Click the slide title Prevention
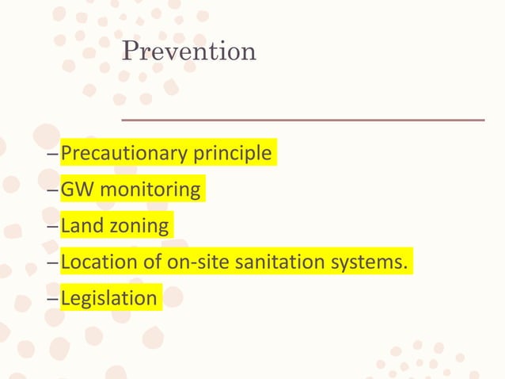[189, 52]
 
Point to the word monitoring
[150, 190]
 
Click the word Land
[80, 226]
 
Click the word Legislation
[108, 299]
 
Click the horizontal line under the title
[302, 120]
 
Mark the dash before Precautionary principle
[53, 153]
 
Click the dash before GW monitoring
[53, 190]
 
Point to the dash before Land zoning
[53, 227]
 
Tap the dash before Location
[53, 262]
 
